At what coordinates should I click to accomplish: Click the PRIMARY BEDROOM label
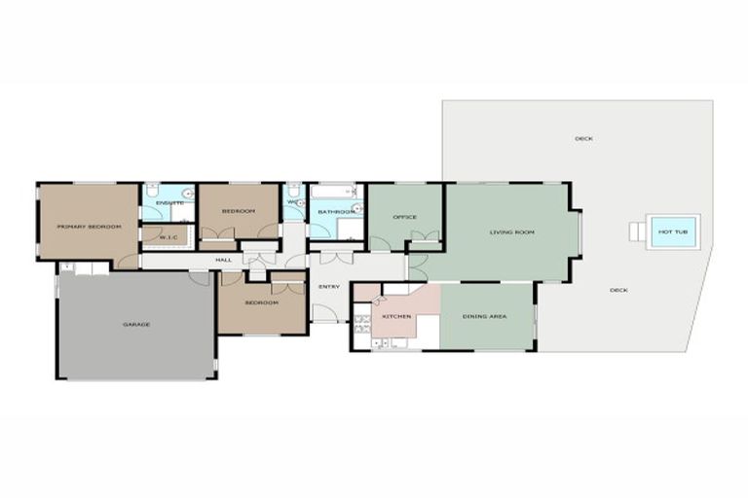coord(89,227)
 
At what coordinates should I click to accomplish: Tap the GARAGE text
coord(136,324)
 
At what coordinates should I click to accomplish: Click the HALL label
coord(223,260)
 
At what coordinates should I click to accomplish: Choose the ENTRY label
coord(329,286)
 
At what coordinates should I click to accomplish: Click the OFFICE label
coord(404,216)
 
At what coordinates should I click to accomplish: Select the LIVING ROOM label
coord(511,232)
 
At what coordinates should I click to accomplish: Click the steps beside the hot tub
coord(636,231)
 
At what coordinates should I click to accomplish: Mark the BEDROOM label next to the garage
coord(261,302)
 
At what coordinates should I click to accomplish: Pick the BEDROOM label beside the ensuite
coord(238,211)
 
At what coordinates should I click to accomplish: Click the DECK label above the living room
coord(583,138)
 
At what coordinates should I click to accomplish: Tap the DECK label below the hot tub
coord(618,290)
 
